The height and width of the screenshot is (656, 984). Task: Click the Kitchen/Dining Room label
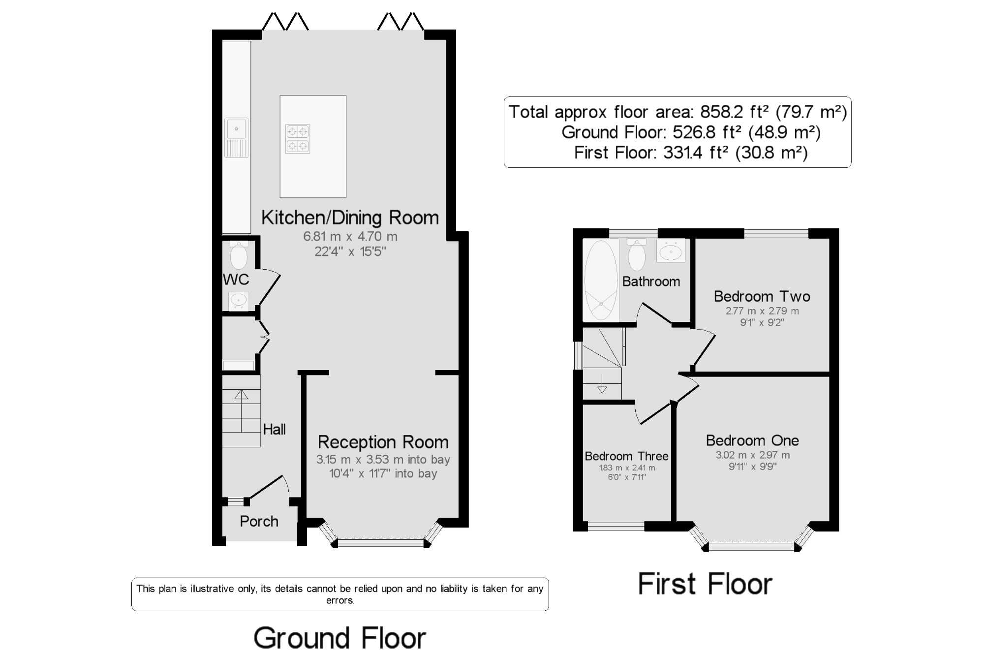click(350, 218)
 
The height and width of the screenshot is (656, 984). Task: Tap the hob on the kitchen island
click(298, 139)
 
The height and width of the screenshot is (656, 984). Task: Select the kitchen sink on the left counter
click(237, 137)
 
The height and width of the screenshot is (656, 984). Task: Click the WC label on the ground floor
click(236, 280)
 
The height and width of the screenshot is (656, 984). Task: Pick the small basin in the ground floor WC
click(239, 301)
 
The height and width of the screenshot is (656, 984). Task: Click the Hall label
click(274, 429)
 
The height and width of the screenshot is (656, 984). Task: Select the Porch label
click(259, 521)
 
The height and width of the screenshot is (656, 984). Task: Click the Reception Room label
click(383, 442)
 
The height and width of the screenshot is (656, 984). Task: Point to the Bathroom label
click(651, 281)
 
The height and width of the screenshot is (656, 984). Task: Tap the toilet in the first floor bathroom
click(637, 255)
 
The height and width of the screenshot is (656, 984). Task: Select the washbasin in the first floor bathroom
click(671, 250)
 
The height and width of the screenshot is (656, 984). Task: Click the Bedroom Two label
click(762, 296)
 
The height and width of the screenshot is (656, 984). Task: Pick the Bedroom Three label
click(626, 456)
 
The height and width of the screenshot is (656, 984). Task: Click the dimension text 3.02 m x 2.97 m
click(753, 455)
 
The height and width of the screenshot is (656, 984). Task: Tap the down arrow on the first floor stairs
click(602, 384)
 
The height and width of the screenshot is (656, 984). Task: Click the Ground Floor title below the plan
click(339, 638)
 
